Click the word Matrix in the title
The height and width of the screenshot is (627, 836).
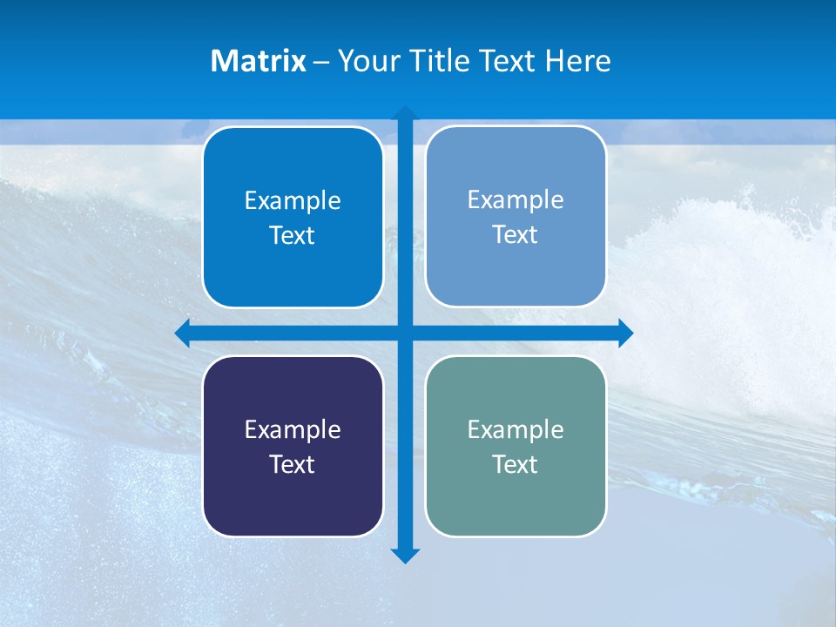(x=259, y=61)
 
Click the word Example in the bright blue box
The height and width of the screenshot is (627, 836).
(x=293, y=201)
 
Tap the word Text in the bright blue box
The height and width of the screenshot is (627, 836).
(x=293, y=236)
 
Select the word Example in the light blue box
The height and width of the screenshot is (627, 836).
(x=516, y=200)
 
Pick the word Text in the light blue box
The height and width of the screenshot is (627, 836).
(x=516, y=235)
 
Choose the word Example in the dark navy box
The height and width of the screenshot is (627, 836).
(x=293, y=430)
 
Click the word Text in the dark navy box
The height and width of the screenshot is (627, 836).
(x=293, y=465)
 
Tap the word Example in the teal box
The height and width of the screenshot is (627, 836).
(x=516, y=430)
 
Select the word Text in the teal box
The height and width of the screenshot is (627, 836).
(x=516, y=465)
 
